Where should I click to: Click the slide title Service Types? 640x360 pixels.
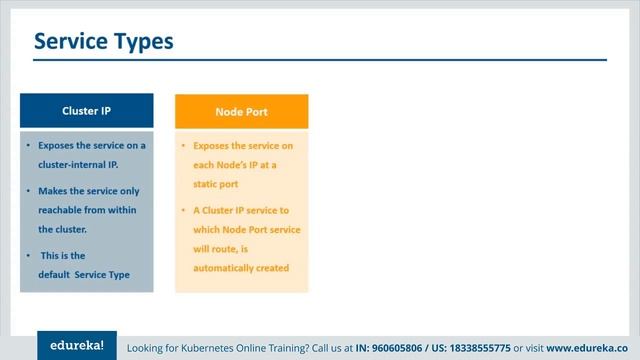tap(103, 41)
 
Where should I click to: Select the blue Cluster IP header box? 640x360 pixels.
tap(87, 111)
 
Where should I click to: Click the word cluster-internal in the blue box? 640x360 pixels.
tap(71, 164)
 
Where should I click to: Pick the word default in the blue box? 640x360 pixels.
tap(55, 274)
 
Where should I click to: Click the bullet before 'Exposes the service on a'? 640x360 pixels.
tap(28, 146)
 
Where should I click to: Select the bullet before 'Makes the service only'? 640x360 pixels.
tap(28, 190)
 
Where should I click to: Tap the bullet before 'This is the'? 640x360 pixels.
tap(28, 255)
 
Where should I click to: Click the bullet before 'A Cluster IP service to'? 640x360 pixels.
tap(184, 210)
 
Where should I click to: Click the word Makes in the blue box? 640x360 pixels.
tap(53, 190)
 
